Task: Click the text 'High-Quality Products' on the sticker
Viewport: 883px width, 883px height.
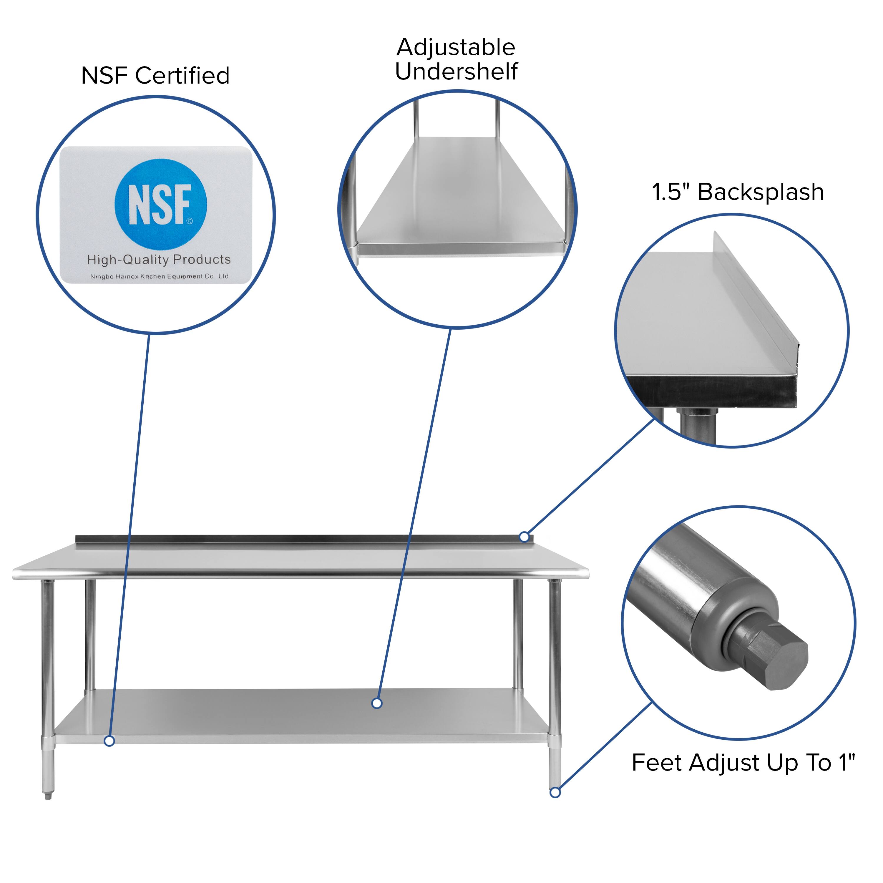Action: (x=159, y=260)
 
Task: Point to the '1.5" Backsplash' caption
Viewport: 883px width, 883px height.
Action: (x=738, y=192)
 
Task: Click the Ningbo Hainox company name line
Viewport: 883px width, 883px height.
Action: (x=159, y=276)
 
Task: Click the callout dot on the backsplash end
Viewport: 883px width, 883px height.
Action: (x=525, y=537)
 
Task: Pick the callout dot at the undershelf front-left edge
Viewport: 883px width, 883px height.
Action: (x=109, y=741)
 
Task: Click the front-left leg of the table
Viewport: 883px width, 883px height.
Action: (x=47, y=658)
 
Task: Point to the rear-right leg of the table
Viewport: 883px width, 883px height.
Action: (x=517, y=635)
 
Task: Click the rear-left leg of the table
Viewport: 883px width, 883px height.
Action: (x=90, y=635)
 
